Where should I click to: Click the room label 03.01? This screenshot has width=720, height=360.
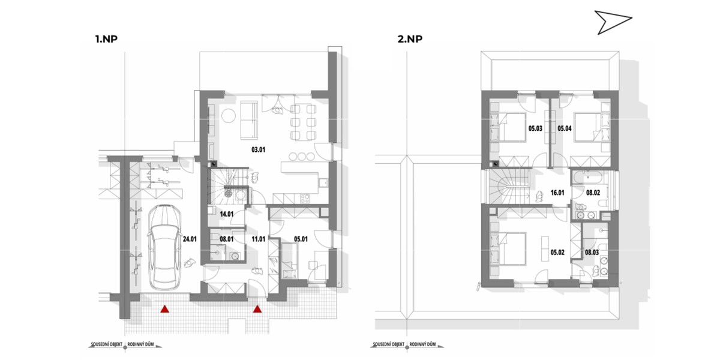(x=258, y=149)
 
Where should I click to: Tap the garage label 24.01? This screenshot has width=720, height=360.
(x=190, y=239)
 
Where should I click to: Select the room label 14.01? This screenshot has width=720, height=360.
(x=227, y=214)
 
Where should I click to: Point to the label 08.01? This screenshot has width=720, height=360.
(x=226, y=239)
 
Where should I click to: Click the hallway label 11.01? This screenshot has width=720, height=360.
(x=258, y=239)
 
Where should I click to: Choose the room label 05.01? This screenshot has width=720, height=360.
(x=301, y=239)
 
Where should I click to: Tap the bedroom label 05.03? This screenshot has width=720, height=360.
(x=535, y=128)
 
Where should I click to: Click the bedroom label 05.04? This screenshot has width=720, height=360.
(x=565, y=128)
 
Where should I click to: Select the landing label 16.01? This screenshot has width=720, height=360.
(x=557, y=193)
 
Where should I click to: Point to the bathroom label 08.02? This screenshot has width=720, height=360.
(x=593, y=193)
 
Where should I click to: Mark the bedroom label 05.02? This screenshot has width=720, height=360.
(x=557, y=253)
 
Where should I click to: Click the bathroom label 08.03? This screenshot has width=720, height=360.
(x=592, y=253)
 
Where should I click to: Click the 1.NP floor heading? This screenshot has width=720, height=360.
(x=106, y=39)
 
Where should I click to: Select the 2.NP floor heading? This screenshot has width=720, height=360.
(x=410, y=39)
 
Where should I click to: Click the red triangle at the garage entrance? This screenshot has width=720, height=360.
(x=164, y=309)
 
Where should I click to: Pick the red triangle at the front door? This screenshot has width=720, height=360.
(x=257, y=309)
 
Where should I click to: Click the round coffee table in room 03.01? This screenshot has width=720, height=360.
(x=229, y=116)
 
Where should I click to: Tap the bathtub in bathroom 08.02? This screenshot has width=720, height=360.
(x=589, y=177)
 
